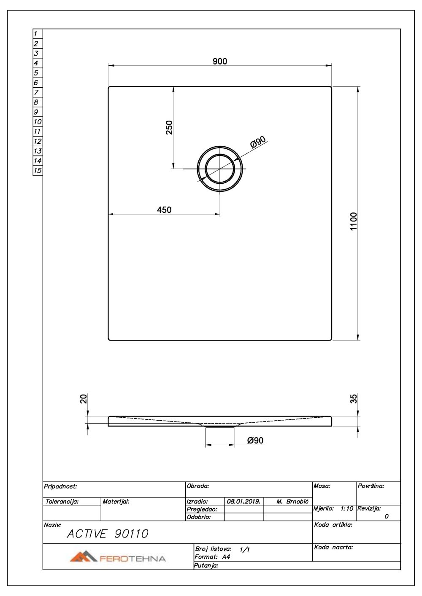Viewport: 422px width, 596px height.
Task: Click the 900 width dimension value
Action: click(x=220, y=62)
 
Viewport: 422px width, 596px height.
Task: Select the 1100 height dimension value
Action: click(x=354, y=221)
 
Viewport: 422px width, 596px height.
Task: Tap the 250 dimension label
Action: click(x=169, y=127)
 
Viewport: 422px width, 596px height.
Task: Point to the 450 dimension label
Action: click(x=164, y=210)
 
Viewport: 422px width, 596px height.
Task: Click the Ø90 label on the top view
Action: click(x=258, y=142)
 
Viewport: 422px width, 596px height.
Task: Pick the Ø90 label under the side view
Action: click(x=255, y=440)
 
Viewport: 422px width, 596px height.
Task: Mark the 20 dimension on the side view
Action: click(x=84, y=399)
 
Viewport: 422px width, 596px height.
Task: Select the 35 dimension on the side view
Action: click(x=354, y=399)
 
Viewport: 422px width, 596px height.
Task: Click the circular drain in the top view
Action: click(x=220, y=169)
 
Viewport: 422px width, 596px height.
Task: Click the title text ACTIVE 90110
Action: click(x=108, y=534)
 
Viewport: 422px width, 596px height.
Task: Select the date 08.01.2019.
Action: click(x=243, y=502)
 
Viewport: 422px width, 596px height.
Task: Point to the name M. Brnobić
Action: click(x=292, y=502)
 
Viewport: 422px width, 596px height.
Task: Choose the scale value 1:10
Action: click(x=346, y=509)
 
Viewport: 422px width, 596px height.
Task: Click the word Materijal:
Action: click(x=116, y=502)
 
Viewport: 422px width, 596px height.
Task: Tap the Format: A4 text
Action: click(x=212, y=557)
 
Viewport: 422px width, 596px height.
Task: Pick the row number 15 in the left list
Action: click(x=38, y=171)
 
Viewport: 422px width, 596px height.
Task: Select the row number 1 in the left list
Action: click(x=35, y=34)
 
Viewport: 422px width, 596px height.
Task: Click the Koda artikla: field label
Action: click(x=333, y=525)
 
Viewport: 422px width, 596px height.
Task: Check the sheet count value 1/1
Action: click(x=244, y=550)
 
